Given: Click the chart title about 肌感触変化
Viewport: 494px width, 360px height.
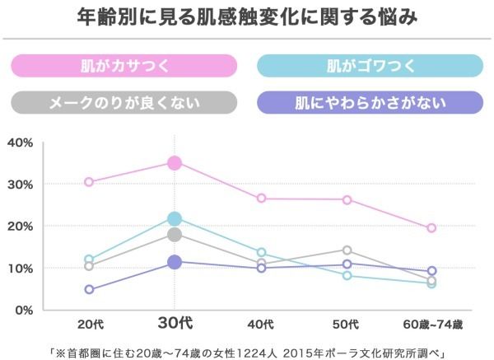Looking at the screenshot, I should [x=246, y=16].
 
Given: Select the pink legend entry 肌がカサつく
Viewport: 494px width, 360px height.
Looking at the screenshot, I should [x=123, y=64].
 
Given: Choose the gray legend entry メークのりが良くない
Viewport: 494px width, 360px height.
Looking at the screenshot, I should [x=123, y=102].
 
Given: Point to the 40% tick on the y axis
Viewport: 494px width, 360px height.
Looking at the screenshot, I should [x=20, y=143].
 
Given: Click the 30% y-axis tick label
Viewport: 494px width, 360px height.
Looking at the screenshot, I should [x=20, y=185].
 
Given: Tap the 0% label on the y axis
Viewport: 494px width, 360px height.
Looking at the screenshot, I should [x=23, y=310].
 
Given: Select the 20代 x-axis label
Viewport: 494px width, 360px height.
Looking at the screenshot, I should [x=88, y=324].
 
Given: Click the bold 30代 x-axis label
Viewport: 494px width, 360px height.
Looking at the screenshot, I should [x=175, y=324].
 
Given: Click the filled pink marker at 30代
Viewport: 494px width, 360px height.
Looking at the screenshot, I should [x=175, y=163].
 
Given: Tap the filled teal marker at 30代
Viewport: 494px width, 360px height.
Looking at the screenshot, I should [x=175, y=218].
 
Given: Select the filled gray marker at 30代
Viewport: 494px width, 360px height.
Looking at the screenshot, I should [x=175, y=235].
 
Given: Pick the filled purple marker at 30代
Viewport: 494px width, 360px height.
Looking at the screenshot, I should [x=175, y=262].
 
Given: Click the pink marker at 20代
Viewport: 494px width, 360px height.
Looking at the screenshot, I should [x=89, y=182].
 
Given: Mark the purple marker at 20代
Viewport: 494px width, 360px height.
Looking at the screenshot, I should [x=89, y=289].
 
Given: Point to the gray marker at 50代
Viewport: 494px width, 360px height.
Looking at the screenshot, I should [x=347, y=250].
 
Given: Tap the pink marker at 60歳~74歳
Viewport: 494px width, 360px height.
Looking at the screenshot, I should [x=431, y=228].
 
